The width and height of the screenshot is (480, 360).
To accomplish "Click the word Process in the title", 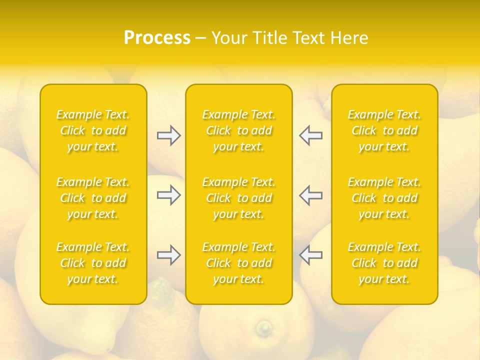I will coord(157,38).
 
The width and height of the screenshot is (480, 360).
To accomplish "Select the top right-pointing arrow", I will coord(169,135).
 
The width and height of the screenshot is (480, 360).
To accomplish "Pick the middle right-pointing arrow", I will coord(169,195).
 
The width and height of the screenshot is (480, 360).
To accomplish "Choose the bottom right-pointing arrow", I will coord(169,255).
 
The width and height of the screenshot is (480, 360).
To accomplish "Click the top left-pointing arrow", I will coord(310,135).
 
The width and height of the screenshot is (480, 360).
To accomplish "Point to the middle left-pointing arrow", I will coord(310,195).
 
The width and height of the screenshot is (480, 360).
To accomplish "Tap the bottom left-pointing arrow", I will coord(310,255).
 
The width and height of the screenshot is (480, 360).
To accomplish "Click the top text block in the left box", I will coord(93,130).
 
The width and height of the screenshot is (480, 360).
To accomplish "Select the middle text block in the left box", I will coord(93,198).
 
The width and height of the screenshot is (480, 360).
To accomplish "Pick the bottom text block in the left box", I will coord(93,263).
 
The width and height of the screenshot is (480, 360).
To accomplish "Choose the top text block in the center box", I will coord(239,130).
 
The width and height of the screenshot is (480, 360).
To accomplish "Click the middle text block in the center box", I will coord(239,198).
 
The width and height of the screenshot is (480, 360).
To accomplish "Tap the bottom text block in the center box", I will coord(239,263).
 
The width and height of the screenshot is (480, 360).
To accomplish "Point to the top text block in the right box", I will coord(384,130).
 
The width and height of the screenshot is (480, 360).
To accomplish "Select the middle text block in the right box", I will coord(384,198).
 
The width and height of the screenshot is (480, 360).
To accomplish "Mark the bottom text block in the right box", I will coord(384,263).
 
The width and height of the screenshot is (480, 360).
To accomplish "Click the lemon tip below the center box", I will coord(263,328).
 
